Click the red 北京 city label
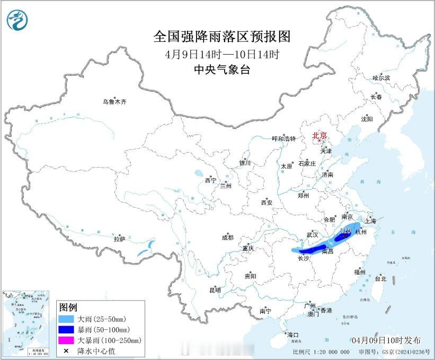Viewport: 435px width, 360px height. click(x=319, y=135)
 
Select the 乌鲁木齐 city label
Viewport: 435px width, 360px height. click(x=115, y=102)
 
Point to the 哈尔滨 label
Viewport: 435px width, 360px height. click(x=380, y=78)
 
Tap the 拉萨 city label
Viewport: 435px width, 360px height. click(x=119, y=239)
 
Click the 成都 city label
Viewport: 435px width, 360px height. click(x=228, y=238)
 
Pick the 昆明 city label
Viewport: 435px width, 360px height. click(x=215, y=289)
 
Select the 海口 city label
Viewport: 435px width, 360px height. click(x=293, y=335)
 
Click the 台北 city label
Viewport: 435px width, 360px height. click(x=380, y=278)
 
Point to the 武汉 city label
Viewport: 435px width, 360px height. click(x=312, y=234)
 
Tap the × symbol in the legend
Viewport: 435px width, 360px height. click(x=66, y=350)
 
